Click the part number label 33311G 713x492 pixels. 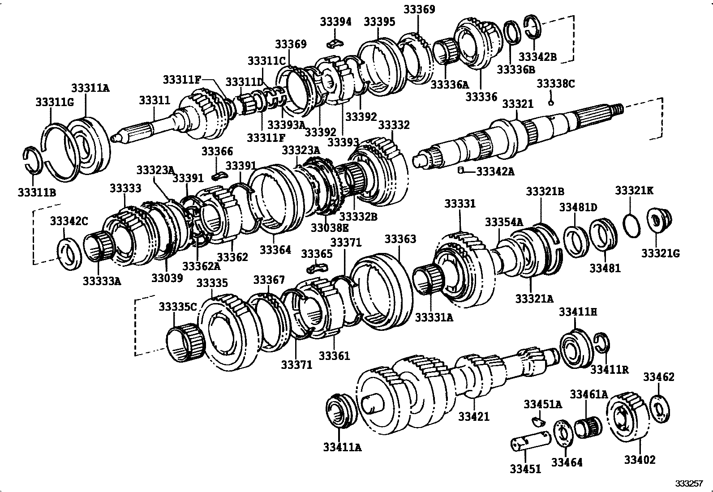pyautogui.click(x=54, y=103)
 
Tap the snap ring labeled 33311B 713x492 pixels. pyautogui.click(x=33, y=159)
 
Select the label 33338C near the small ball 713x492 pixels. pyautogui.click(x=556, y=84)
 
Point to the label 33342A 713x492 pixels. pyautogui.click(x=495, y=171)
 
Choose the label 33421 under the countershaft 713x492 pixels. pyautogui.click(x=474, y=417)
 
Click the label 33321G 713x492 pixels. pyautogui.click(x=660, y=253)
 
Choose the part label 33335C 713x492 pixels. pyautogui.click(x=178, y=307)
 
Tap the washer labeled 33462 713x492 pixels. pyautogui.click(x=660, y=407)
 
